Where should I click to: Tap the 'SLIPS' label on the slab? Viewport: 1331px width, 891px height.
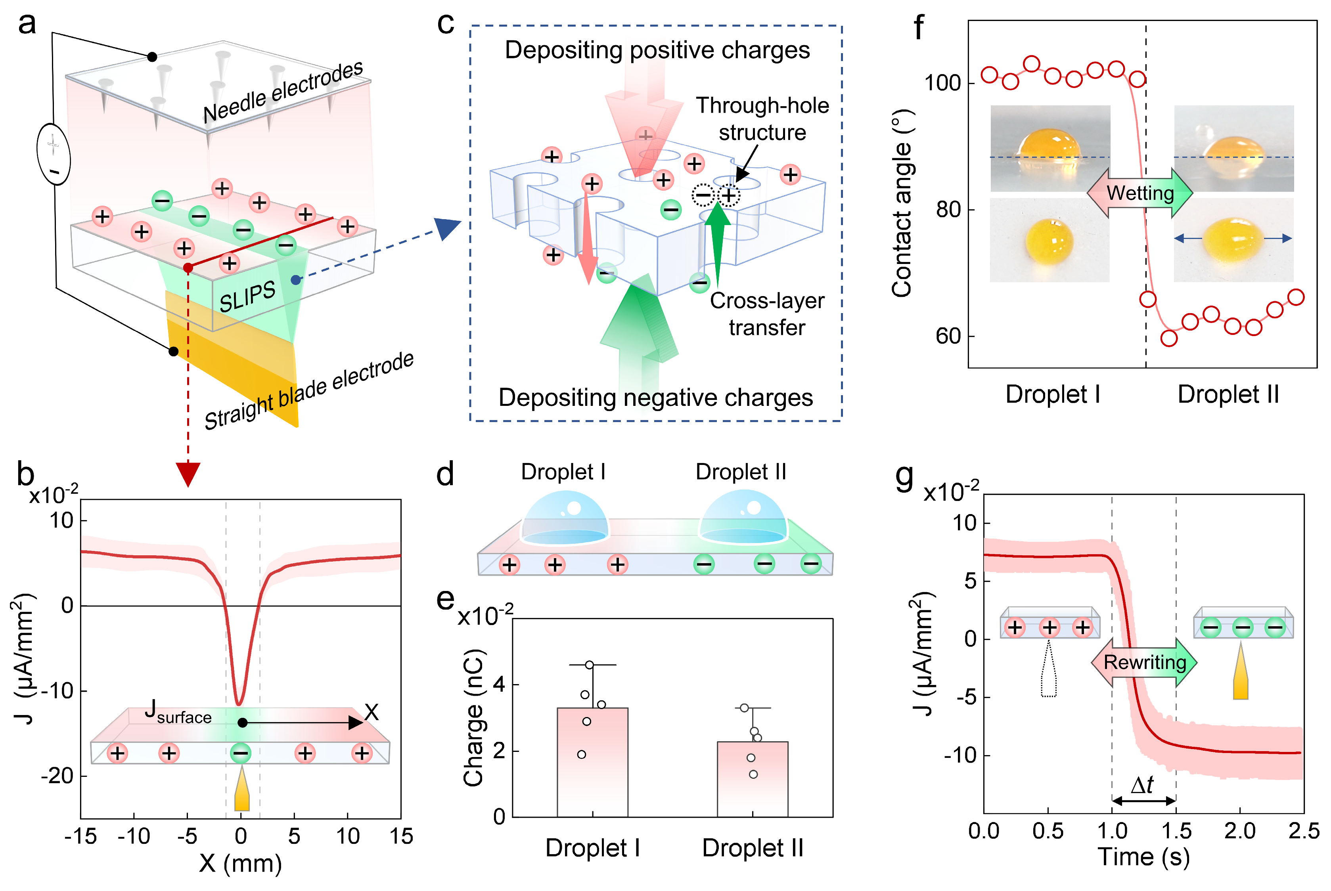pyautogui.click(x=247, y=296)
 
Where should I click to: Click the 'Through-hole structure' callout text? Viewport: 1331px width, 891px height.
pyautogui.click(x=762, y=119)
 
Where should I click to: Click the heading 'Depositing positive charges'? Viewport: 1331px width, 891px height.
pyautogui.click(x=657, y=50)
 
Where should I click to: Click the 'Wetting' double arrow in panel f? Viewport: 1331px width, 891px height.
pyautogui.click(x=1139, y=193)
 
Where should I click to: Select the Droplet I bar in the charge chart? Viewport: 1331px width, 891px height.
pyautogui.click(x=592, y=761)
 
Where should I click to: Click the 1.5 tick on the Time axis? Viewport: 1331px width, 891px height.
pyautogui.click(x=1176, y=831)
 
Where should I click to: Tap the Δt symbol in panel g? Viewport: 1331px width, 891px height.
pyautogui.click(x=1142, y=785)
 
